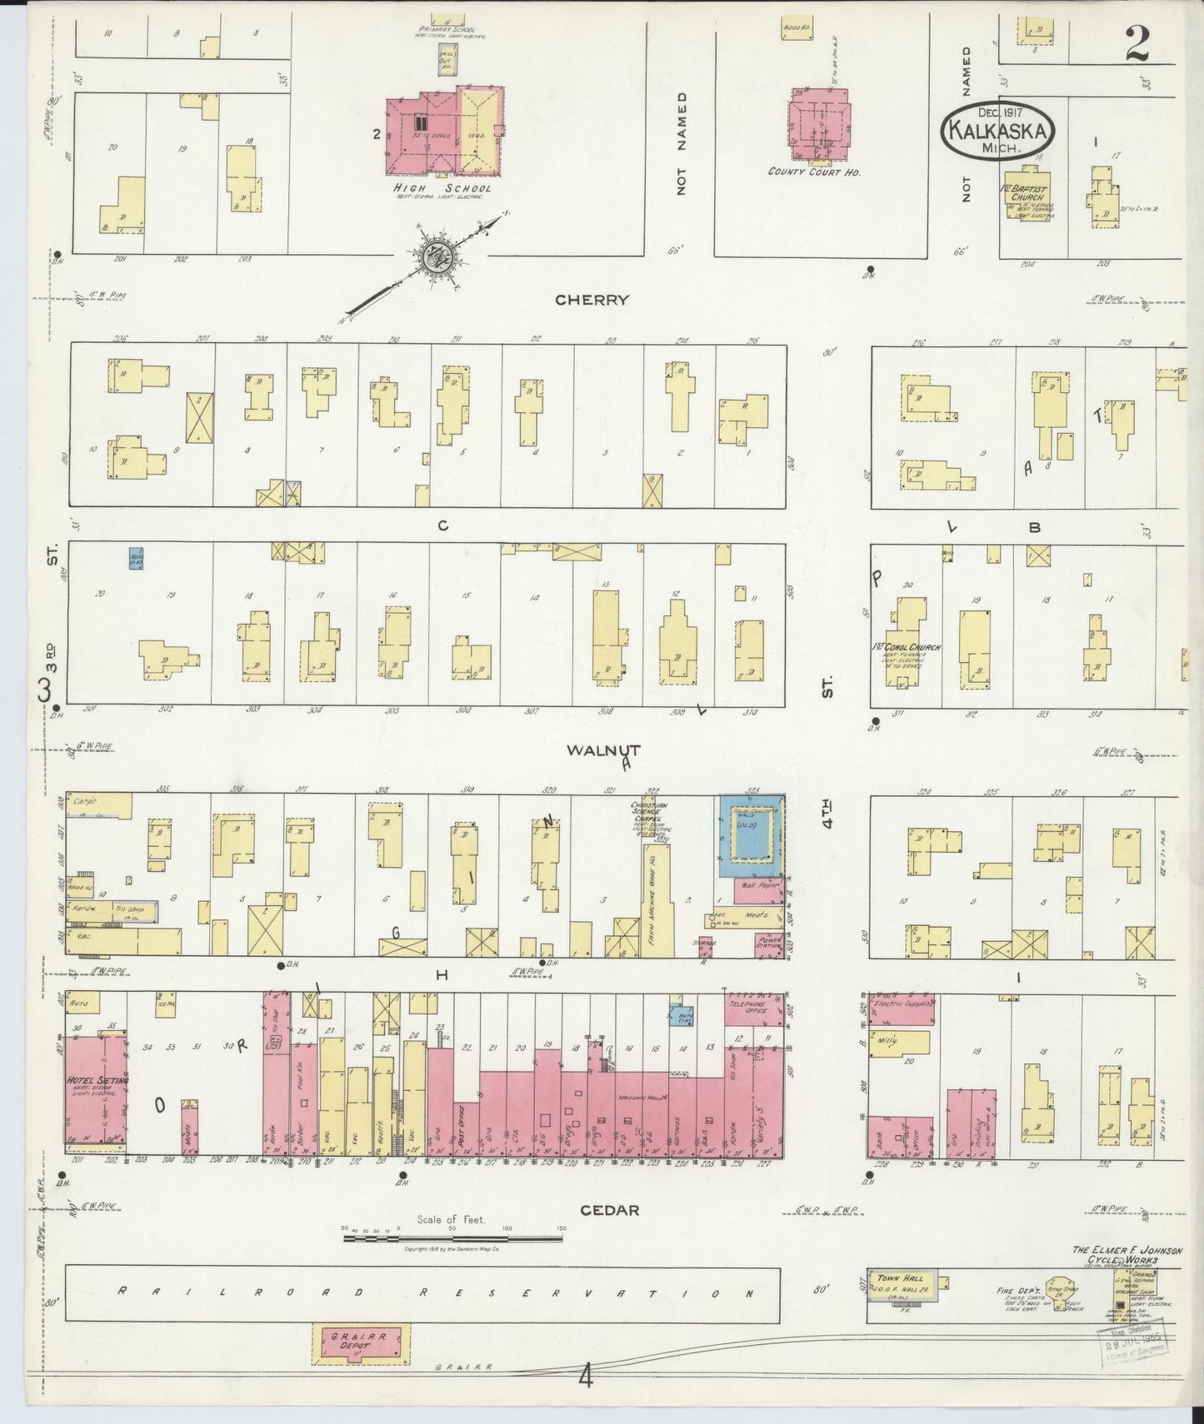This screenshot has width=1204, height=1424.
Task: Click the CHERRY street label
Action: pos(593,300)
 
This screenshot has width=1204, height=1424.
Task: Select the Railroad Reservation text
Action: pos(433,1293)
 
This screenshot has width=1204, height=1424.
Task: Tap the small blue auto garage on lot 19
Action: pos(136,558)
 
